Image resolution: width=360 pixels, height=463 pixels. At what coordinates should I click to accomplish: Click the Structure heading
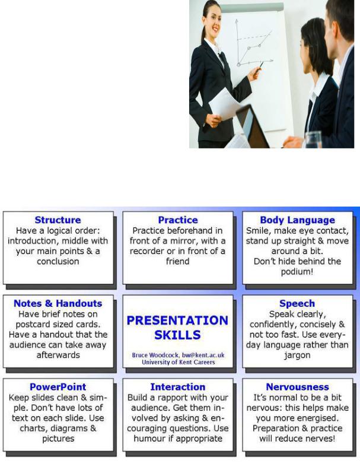tap(58, 220)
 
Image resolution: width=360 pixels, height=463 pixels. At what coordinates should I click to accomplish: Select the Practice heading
tap(178, 220)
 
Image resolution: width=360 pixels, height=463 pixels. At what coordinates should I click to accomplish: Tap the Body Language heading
tap(298, 220)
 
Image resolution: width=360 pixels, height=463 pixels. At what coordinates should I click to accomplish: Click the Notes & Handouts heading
tap(58, 303)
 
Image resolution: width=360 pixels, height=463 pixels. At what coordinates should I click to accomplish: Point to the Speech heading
tap(297, 304)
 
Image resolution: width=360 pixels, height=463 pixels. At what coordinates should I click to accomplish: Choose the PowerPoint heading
tap(58, 387)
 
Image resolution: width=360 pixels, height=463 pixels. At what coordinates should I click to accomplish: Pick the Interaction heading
tap(178, 387)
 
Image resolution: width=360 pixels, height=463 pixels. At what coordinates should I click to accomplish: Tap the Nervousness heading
tap(298, 387)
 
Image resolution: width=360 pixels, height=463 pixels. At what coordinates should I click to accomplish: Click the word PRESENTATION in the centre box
tap(177, 321)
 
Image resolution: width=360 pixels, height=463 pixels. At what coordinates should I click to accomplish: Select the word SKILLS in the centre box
tap(177, 335)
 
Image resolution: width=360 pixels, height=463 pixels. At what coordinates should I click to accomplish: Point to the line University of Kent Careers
tap(179, 362)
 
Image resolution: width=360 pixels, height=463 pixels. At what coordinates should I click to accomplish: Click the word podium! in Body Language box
tap(297, 272)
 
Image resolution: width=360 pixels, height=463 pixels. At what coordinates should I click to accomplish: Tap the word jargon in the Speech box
tap(297, 356)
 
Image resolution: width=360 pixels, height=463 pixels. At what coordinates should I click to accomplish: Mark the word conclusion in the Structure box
tap(58, 262)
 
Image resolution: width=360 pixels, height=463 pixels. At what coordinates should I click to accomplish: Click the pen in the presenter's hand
tap(260, 67)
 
